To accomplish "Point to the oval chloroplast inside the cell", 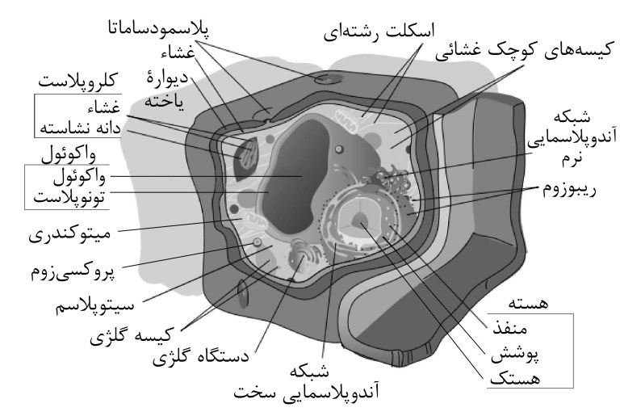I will pos(244,153).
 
